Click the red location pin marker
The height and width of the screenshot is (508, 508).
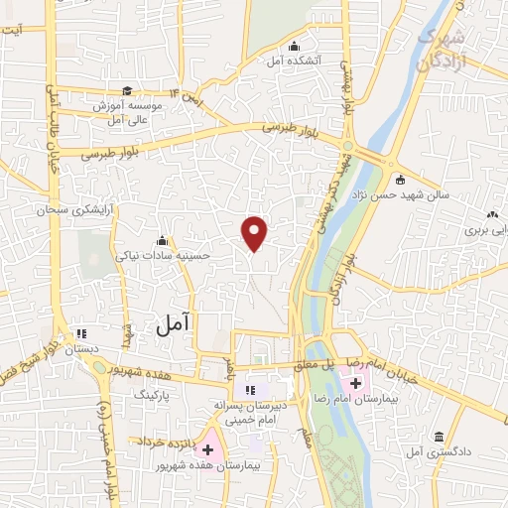pyautogui.click(x=256, y=233)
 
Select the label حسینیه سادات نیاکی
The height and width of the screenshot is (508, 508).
pyautogui.click(x=163, y=255)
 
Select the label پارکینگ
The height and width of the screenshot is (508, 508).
pyautogui.click(x=155, y=394)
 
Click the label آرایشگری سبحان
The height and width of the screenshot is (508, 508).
pyautogui.click(x=69, y=210)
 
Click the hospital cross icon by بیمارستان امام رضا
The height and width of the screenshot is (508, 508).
pyautogui.click(x=355, y=382)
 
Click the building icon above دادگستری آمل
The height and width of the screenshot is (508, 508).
pyautogui.click(x=439, y=437)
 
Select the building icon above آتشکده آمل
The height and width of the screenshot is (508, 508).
pyautogui.click(x=294, y=47)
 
